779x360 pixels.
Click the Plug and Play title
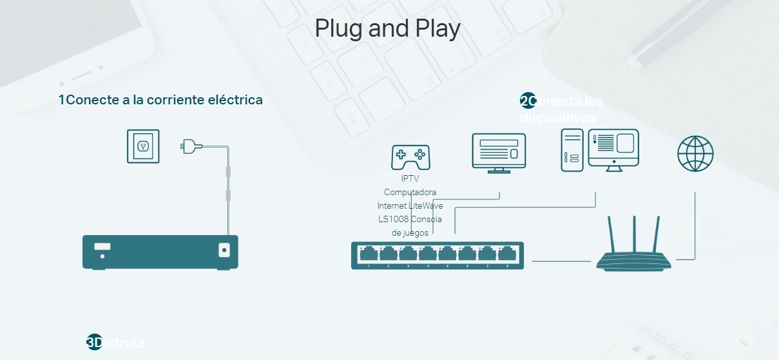pyautogui.click(x=387, y=29)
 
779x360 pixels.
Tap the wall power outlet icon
pyautogui.click(x=142, y=146)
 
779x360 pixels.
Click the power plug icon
pyautogui.click(x=189, y=146)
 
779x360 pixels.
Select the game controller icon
pyautogui.click(x=410, y=156)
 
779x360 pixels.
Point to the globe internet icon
pyautogui.click(x=695, y=154)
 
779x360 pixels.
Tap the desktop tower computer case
pyautogui.click(x=572, y=150)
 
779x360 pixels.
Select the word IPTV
pyautogui.click(x=410, y=178)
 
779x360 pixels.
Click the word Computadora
pyautogui.click(x=410, y=192)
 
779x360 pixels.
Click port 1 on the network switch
pyautogui.click(x=369, y=256)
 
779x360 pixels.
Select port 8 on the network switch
pyautogui.click(x=507, y=256)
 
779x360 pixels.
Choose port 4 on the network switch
pyautogui.click(x=428, y=256)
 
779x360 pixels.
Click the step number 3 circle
pyautogui.click(x=94, y=342)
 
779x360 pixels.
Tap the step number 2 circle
pyautogui.click(x=528, y=101)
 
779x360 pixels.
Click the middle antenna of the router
pyautogui.click(x=635, y=234)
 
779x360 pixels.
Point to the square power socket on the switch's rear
pyautogui.click(x=224, y=249)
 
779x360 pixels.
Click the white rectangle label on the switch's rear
pyautogui.click(x=102, y=246)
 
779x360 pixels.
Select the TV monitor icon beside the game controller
pyautogui.click(x=499, y=152)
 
